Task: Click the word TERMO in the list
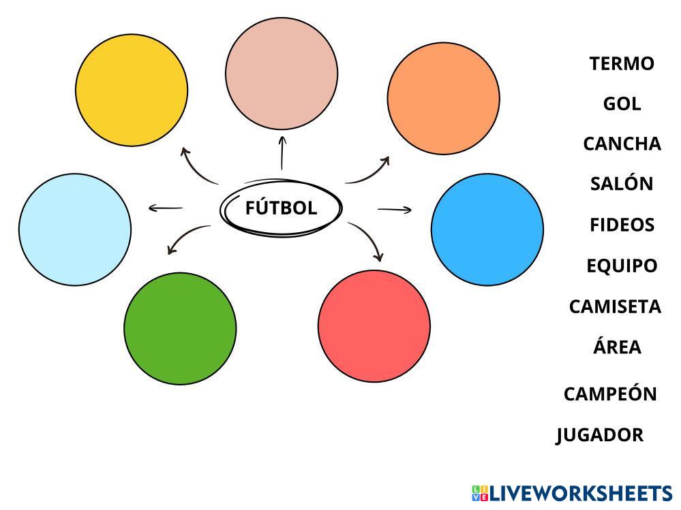click(x=622, y=63)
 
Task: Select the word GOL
click(x=622, y=103)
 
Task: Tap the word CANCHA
click(x=622, y=144)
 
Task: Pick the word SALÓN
click(x=622, y=183)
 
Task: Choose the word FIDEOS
click(x=622, y=225)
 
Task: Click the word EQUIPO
click(x=622, y=266)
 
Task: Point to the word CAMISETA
click(x=615, y=306)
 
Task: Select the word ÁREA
click(x=617, y=347)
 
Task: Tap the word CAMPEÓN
click(x=610, y=394)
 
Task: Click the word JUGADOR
click(x=600, y=434)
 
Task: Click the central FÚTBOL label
click(x=281, y=208)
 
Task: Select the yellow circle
click(x=132, y=90)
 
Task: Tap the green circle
click(x=180, y=329)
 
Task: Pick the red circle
click(x=374, y=326)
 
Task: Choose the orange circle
click(x=443, y=98)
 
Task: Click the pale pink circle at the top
click(x=282, y=74)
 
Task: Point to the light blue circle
click(x=75, y=229)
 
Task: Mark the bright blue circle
click(x=487, y=229)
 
